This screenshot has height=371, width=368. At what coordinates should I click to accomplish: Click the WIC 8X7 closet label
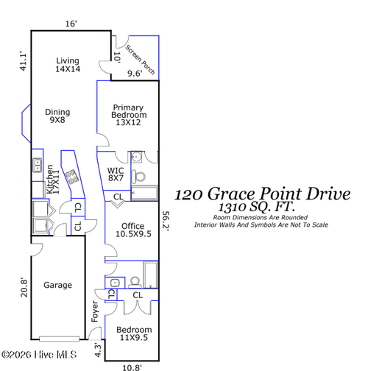point(116,174)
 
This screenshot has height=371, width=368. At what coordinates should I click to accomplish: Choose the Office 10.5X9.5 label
point(132,230)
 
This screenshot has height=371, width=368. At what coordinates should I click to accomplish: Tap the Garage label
point(57,285)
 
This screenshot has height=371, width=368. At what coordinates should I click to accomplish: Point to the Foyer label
point(94,311)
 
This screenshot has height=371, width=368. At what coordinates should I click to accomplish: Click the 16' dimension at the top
point(71,24)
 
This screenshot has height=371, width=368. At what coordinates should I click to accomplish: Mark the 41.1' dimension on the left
point(22,60)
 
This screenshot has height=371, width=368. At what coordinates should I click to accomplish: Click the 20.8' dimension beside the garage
point(22,286)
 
